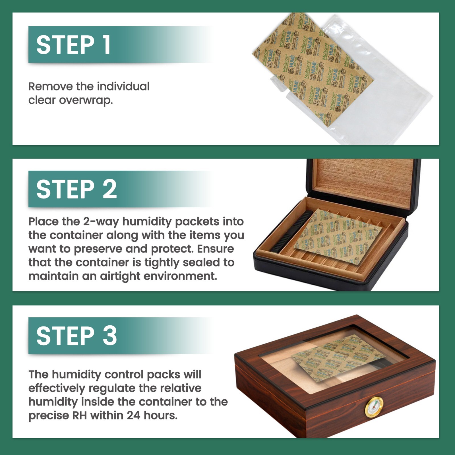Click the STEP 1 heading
(x=73, y=45)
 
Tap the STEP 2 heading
(x=76, y=189)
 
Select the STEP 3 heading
(x=76, y=336)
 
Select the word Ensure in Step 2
(x=216, y=249)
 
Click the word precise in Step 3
(x=49, y=416)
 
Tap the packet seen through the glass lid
(x=338, y=358)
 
